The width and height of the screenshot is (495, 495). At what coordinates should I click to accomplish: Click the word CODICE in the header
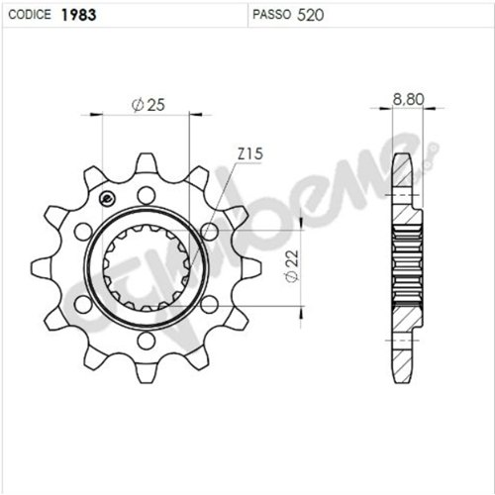pyautogui.click(x=32, y=16)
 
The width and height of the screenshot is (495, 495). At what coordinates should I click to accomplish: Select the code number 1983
pyautogui.click(x=76, y=16)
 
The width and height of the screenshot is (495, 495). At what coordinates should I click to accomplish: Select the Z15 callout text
pyautogui.click(x=248, y=154)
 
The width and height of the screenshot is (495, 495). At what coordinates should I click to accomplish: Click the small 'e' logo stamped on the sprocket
pyautogui.click(x=106, y=197)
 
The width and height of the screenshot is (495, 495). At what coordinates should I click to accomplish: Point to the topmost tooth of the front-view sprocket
pyautogui.click(x=145, y=160)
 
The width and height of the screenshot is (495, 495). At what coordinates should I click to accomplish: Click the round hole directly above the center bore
pyautogui.click(x=146, y=193)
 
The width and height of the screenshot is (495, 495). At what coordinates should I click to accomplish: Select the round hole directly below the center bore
pyautogui.click(x=146, y=340)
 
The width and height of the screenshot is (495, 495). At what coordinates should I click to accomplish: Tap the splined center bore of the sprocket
pyautogui.click(x=146, y=267)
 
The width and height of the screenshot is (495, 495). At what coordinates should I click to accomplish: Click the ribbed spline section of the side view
pyautogui.click(x=406, y=267)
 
